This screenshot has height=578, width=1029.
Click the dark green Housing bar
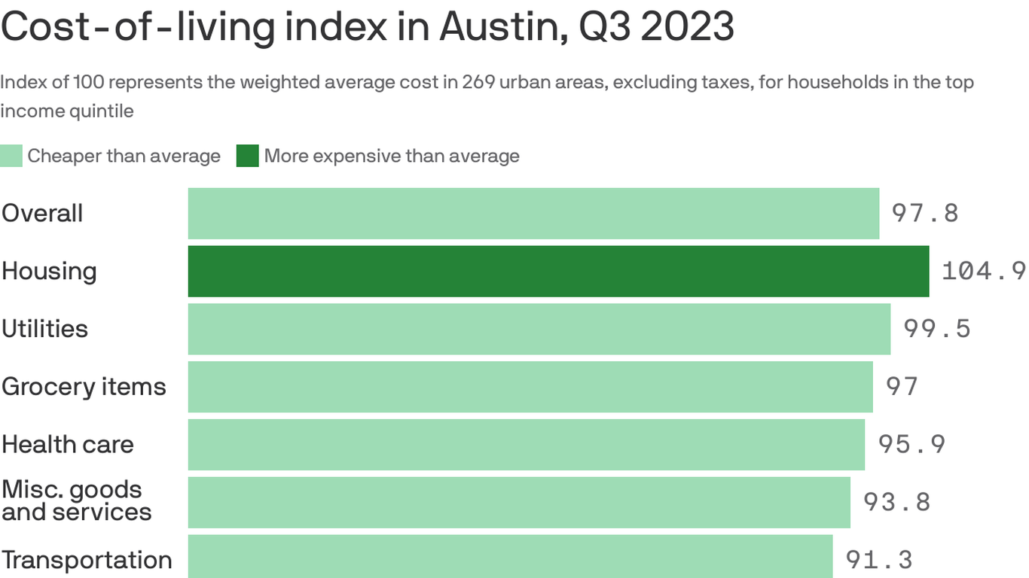coord(558,271)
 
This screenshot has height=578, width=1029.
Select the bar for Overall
coord(533,214)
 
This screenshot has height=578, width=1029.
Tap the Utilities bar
coord(539,329)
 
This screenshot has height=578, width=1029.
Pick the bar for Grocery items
coord(530,387)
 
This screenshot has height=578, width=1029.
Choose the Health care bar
coord(527,445)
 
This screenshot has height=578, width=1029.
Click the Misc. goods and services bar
coord(519,502)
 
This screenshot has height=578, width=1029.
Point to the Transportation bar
coord(510,557)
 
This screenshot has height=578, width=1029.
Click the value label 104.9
coord(984,271)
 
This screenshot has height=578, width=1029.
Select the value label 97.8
coord(925,214)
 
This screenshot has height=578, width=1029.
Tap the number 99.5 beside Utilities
coord(937,329)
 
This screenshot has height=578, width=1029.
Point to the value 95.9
coord(911,445)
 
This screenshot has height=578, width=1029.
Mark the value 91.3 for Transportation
coord(879,560)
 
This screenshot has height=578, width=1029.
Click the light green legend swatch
coord(11,157)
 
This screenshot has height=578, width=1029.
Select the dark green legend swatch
coord(247,157)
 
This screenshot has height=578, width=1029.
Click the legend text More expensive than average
coord(392,157)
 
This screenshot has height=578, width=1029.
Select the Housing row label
coord(49,271)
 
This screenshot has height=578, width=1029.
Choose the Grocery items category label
coord(84,387)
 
